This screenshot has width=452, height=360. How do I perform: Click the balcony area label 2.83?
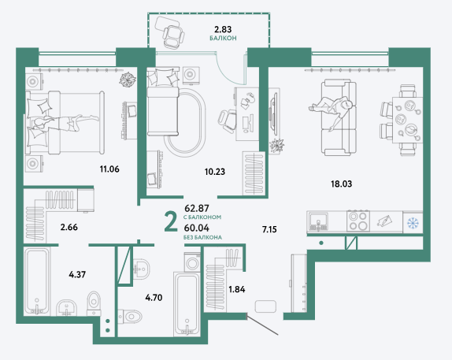(223, 29)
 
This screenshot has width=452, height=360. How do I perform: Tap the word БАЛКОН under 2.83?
(223, 38)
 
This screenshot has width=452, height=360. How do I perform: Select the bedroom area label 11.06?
(109, 169)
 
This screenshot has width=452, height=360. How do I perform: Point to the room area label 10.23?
(215, 172)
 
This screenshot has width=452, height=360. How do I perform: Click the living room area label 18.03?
(342, 184)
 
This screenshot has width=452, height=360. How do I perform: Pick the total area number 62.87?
(197, 208)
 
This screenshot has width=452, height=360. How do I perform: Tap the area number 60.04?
(197, 228)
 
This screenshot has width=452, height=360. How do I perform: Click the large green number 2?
(171, 221)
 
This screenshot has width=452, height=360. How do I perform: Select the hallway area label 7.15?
(269, 229)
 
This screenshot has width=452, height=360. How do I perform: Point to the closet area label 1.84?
(237, 289)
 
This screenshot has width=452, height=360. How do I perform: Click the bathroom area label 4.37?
(77, 274)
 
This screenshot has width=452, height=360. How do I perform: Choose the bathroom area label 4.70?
(154, 298)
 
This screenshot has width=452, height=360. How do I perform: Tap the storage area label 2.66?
(69, 228)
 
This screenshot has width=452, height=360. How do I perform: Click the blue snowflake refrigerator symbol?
(413, 222)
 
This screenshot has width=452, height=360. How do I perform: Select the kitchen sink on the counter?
(318, 221)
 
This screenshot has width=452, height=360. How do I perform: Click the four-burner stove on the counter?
(358, 221)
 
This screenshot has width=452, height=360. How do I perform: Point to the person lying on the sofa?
(332, 111)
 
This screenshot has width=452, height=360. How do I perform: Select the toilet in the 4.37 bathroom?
(94, 303)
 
